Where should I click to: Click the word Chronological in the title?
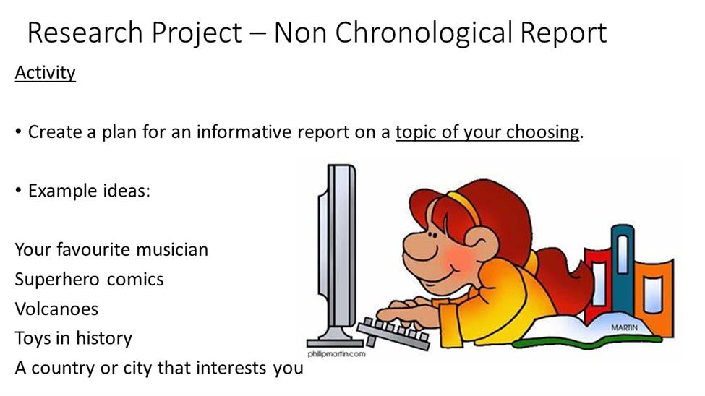coord(424,33)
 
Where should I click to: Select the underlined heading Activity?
coord(46,73)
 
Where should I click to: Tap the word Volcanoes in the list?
coord(56,309)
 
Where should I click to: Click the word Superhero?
coord(56,280)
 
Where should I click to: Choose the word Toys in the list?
coord(33,338)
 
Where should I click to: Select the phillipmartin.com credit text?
coord(337,354)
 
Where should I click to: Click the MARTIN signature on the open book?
coord(624,327)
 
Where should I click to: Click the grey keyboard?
coord(394,334)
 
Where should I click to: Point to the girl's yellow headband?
coord(463,205)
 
